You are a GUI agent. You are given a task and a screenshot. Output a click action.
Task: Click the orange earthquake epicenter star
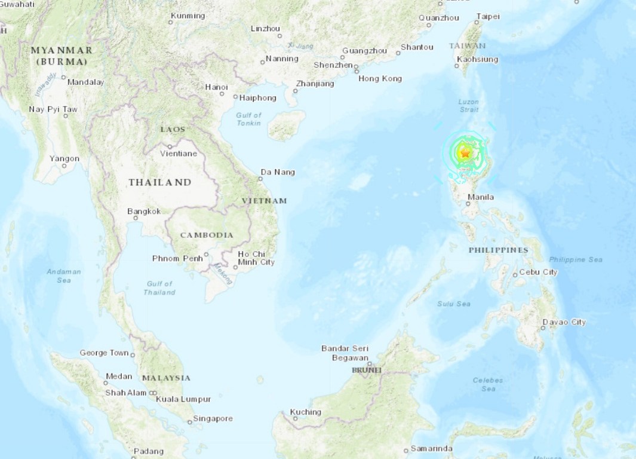pos(464,154)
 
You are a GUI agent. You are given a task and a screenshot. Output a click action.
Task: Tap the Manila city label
pos(481,197)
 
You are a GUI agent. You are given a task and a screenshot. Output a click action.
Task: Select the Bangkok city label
pos(144,211)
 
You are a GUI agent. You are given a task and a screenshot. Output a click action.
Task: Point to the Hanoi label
pos(216,87)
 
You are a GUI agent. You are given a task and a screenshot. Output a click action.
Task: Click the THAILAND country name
pos(159,182)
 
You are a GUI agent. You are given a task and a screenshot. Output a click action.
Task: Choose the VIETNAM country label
pos(264,201)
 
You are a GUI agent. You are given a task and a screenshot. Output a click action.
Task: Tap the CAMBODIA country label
pos(207,235)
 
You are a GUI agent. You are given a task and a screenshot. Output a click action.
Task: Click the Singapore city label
pos(213,418)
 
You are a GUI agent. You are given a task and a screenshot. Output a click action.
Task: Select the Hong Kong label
pos(380,78)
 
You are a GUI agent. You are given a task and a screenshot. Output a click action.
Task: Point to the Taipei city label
pos(488,17)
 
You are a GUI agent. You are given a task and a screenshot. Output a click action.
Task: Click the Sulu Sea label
pos(453,304)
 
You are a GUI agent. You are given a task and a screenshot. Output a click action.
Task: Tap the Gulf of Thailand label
pos(159,288)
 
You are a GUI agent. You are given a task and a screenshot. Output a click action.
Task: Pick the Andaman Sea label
pos(64,276)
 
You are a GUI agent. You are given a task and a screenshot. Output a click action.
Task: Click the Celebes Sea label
pos(488,384)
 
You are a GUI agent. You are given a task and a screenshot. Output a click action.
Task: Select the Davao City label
pos(564,322)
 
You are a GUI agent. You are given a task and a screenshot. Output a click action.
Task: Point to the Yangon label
pos(64,158)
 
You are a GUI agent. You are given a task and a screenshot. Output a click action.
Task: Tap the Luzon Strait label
pos(469,106)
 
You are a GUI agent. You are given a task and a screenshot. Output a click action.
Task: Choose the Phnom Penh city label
pos(177,258)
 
